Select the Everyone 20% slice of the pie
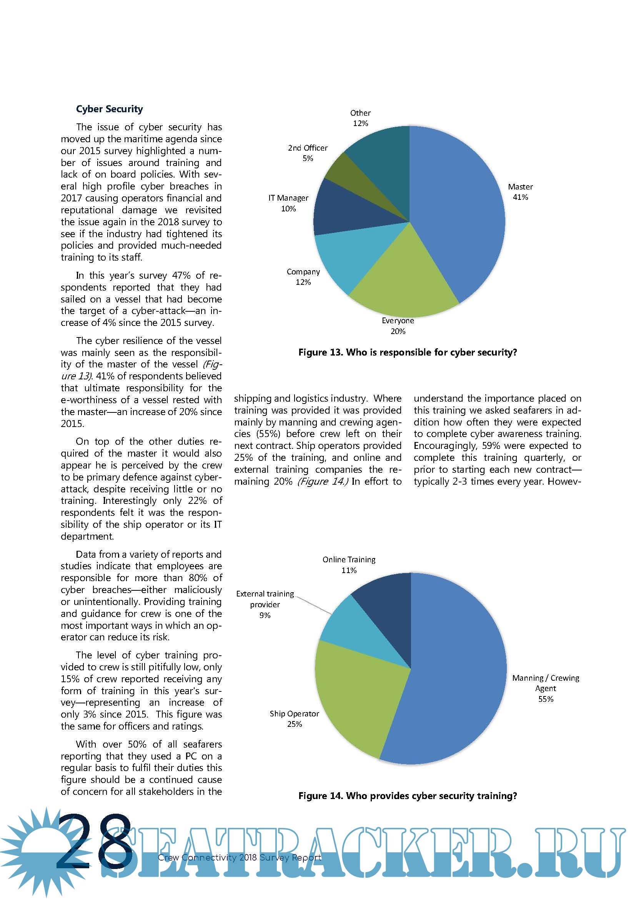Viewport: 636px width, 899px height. pyautogui.click(x=401, y=282)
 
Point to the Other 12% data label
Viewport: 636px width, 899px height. pyautogui.click(x=360, y=118)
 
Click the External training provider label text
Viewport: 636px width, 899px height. pyautogui.click(x=265, y=604)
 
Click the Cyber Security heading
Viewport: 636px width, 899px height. pyautogui.click(x=109, y=109)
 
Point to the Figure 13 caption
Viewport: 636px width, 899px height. pyautogui.click(x=408, y=352)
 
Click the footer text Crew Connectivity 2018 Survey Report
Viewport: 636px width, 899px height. pyautogui.click(x=239, y=857)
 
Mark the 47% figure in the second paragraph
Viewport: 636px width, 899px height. pyautogui.click(x=181, y=275)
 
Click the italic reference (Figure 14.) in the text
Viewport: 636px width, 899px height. pyautogui.click(x=323, y=481)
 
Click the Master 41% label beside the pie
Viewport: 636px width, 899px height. pyautogui.click(x=521, y=192)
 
